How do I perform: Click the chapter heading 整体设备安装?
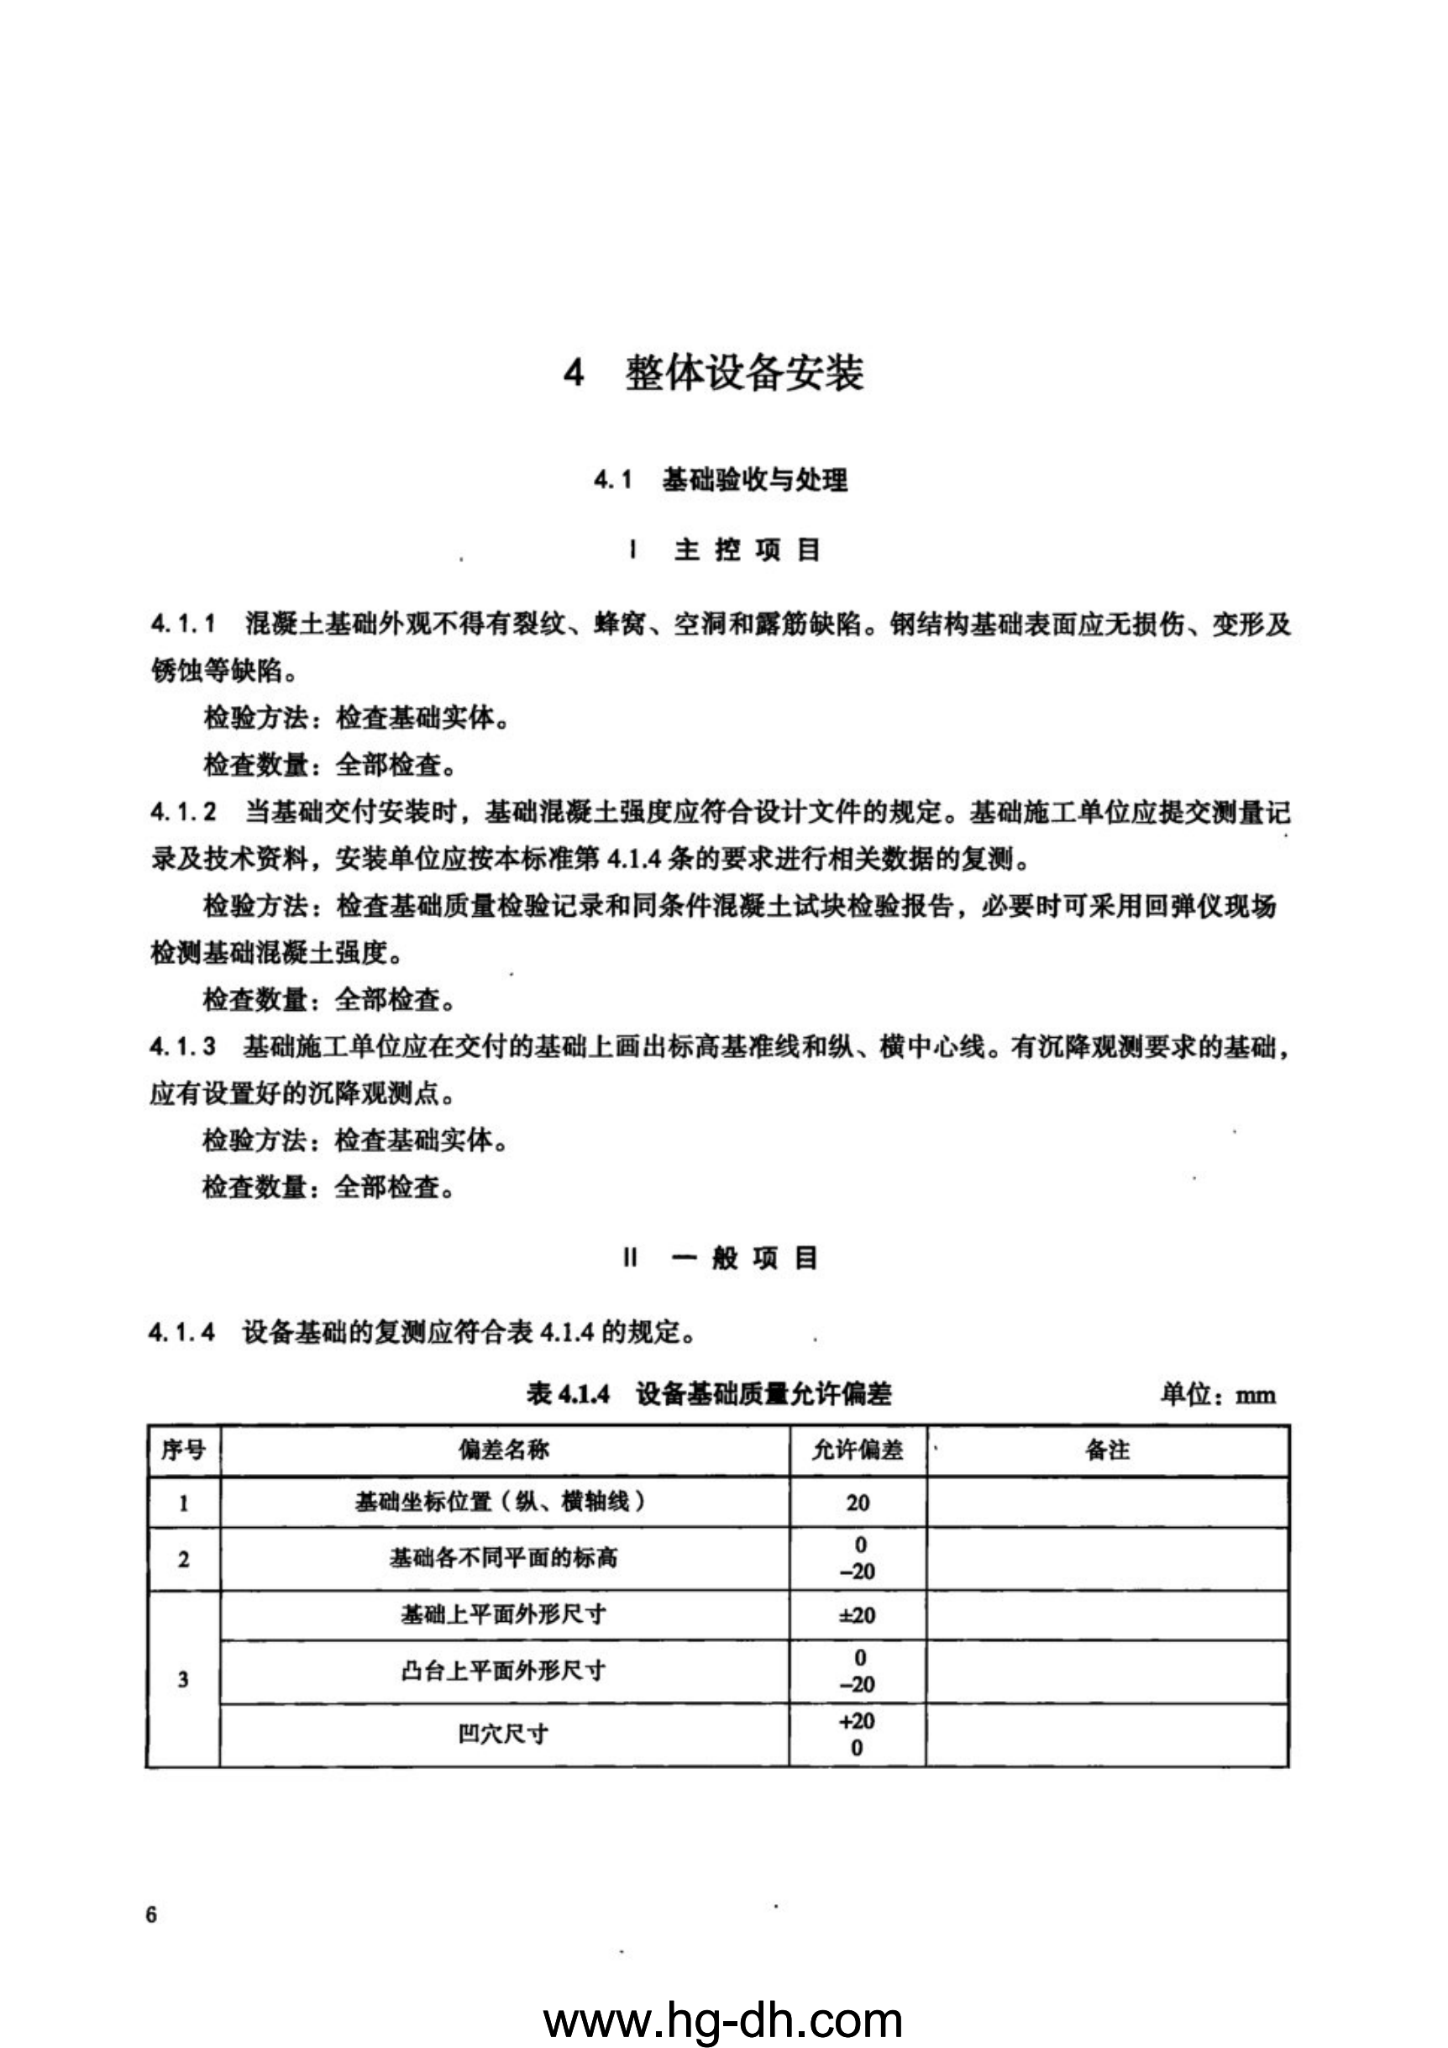(743, 373)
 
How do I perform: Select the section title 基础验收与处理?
(754, 481)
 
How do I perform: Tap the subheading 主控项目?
(747, 550)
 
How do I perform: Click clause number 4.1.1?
(183, 624)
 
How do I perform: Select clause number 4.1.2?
(183, 812)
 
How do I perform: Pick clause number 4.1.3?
(183, 1046)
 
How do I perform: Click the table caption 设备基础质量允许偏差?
(763, 1394)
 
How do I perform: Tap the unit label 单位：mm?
(1217, 1395)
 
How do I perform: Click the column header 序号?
(184, 1450)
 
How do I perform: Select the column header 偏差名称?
(505, 1450)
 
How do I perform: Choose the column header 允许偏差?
(858, 1450)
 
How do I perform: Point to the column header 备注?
(1107, 1450)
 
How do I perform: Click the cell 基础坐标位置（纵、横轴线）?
(501, 1502)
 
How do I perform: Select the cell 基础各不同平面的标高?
(504, 1558)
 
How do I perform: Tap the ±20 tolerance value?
(858, 1615)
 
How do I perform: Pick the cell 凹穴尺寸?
(504, 1734)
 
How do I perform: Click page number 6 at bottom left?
(151, 1914)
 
